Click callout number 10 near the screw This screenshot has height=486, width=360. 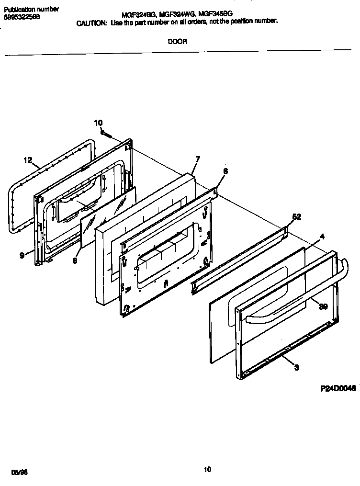pyautogui.click(x=98, y=123)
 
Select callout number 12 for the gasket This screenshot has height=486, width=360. pyautogui.click(x=27, y=160)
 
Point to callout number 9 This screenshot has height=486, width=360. pyautogui.click(x=22, y=255)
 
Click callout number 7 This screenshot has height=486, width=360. pyautogui.click(x=197, y=159)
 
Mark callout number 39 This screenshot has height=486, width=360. pyautogui.click(x=323, y=307)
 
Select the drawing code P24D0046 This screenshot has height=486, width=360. pyautogui.click(x=338, y=390)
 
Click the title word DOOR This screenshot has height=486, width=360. pyautogui.click(x=177, y=42)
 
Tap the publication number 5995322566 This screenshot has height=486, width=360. pyautogui.click(x=22, y=17)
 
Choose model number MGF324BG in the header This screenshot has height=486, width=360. pyautogui.click(x=137, y=15)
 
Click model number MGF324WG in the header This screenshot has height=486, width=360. pyautogui.click(x=175, y=15)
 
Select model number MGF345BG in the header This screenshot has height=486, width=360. pyautogui.click(x=214, y=15)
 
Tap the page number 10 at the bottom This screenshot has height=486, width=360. pyautogui.click(x=207, y=470)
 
